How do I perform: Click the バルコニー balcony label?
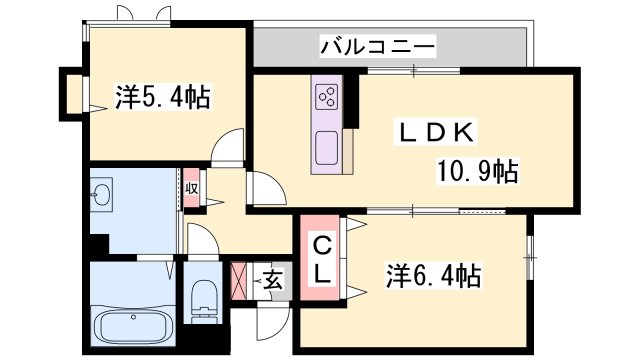click(x=377, y=46)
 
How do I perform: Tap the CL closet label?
click(x=324, y=257)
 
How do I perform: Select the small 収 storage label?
click(x=191, y=188)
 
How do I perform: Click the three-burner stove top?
click(x=327, y=96)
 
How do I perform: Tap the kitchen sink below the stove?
click(x=327, y=149)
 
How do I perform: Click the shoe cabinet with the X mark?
click(x=242, y=279)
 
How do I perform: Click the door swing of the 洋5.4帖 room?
click(x=230, y=146)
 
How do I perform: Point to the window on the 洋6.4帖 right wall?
click(x=530, y=256)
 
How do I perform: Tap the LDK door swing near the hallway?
click(x=264, y=187)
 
